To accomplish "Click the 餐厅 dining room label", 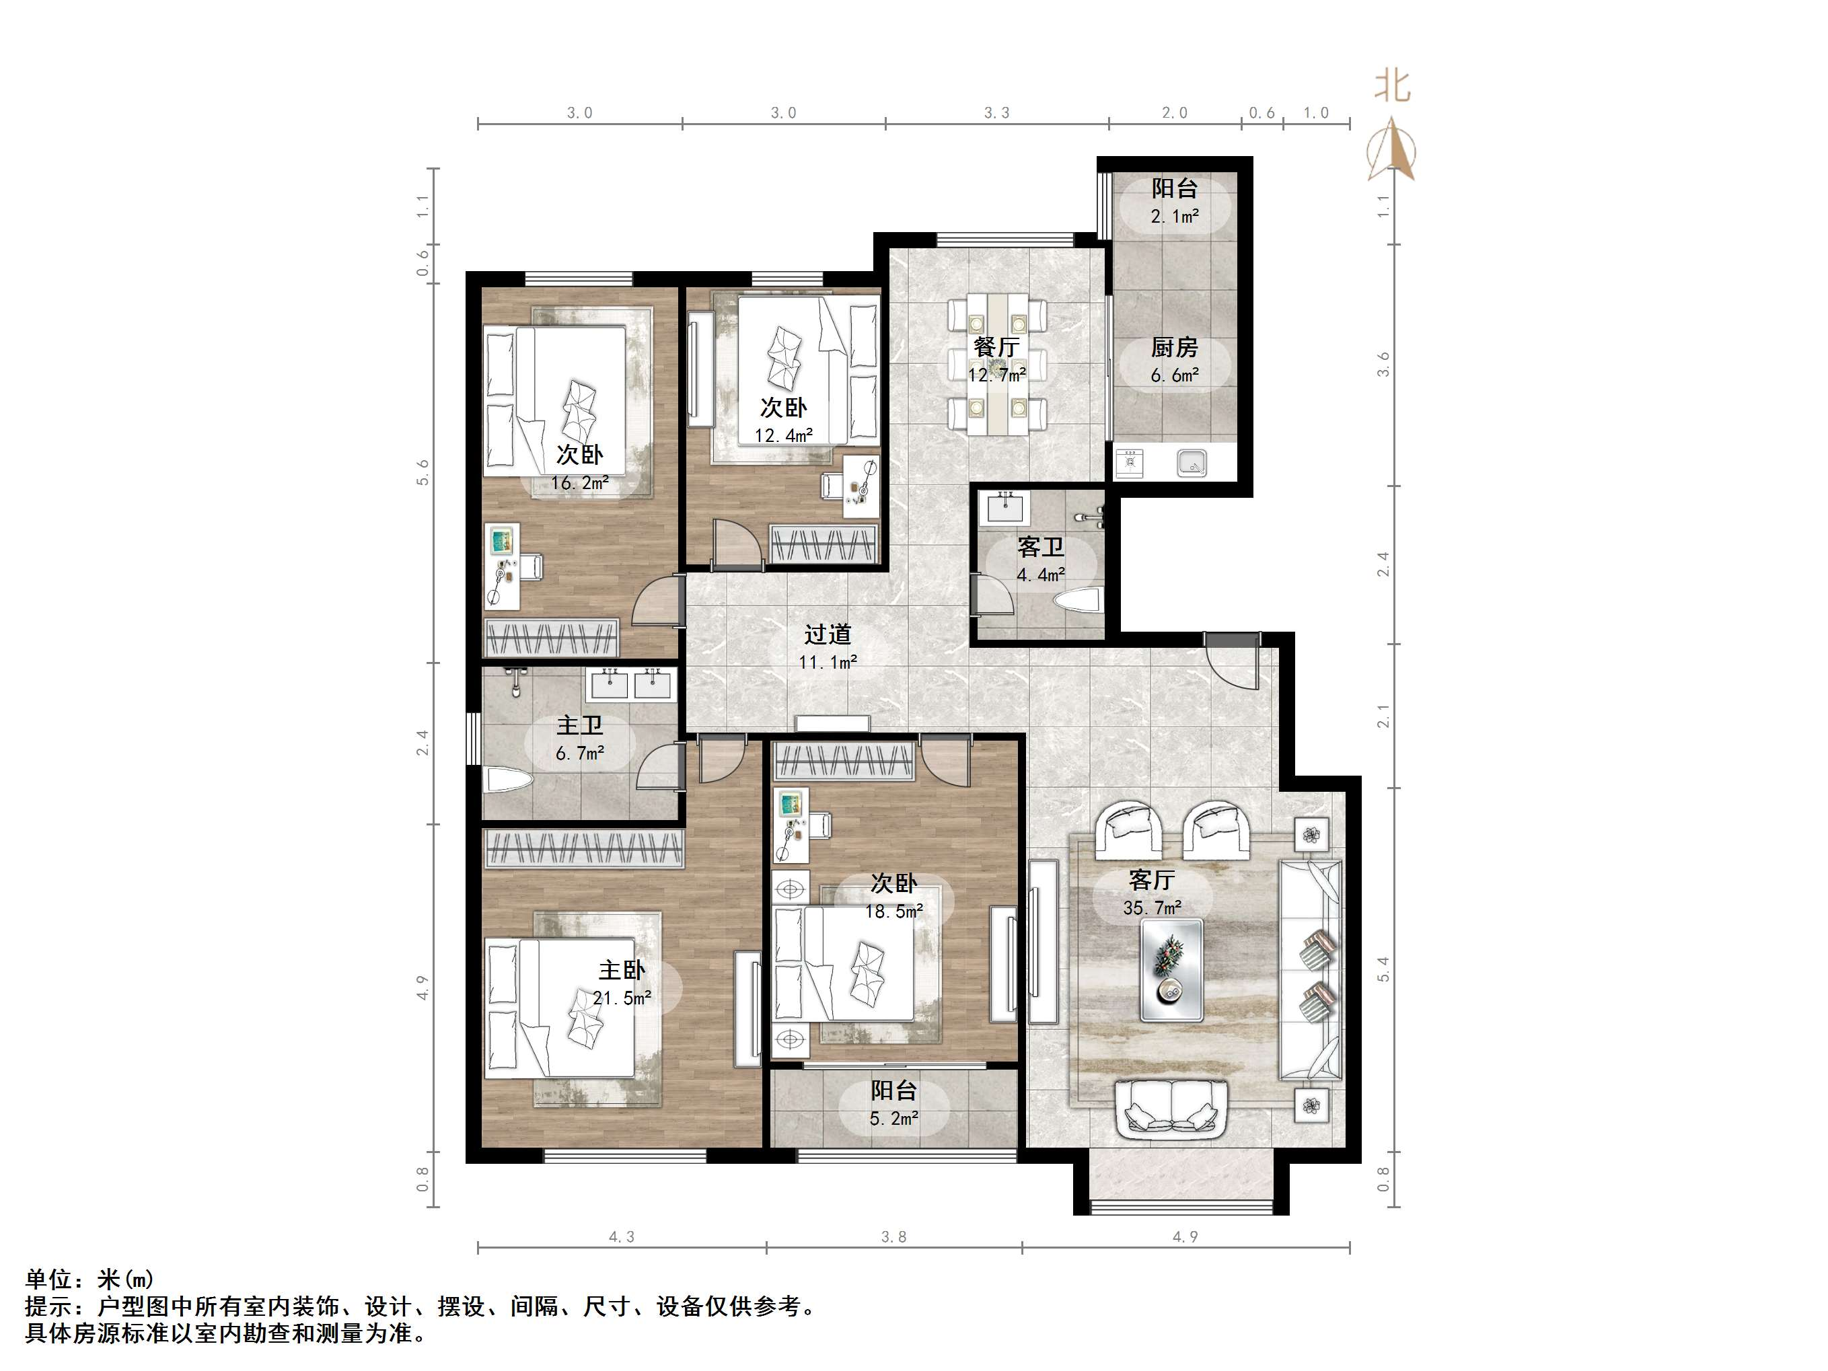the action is click(x=996, y=347).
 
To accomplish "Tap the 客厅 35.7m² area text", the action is click(x=1152, y=908).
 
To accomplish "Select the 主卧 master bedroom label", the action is click(x=622, y=970).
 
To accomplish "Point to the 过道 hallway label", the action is click(x=828, y=634).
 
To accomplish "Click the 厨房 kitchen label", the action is click(x=1174, y=348).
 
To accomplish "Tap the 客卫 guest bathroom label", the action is click(x=1040, y=547).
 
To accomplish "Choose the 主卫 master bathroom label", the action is click(x=579, y=726).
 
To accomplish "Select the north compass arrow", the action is click(x=1391, y=149).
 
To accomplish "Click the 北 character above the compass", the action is click(x=1393, y=86).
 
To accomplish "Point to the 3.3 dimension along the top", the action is click(x=996, y=112).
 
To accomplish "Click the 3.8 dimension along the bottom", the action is click(x=893, y=1237).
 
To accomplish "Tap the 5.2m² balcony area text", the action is click(x=894, y=1119).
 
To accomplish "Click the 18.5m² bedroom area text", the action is click(x=894, y=912).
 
